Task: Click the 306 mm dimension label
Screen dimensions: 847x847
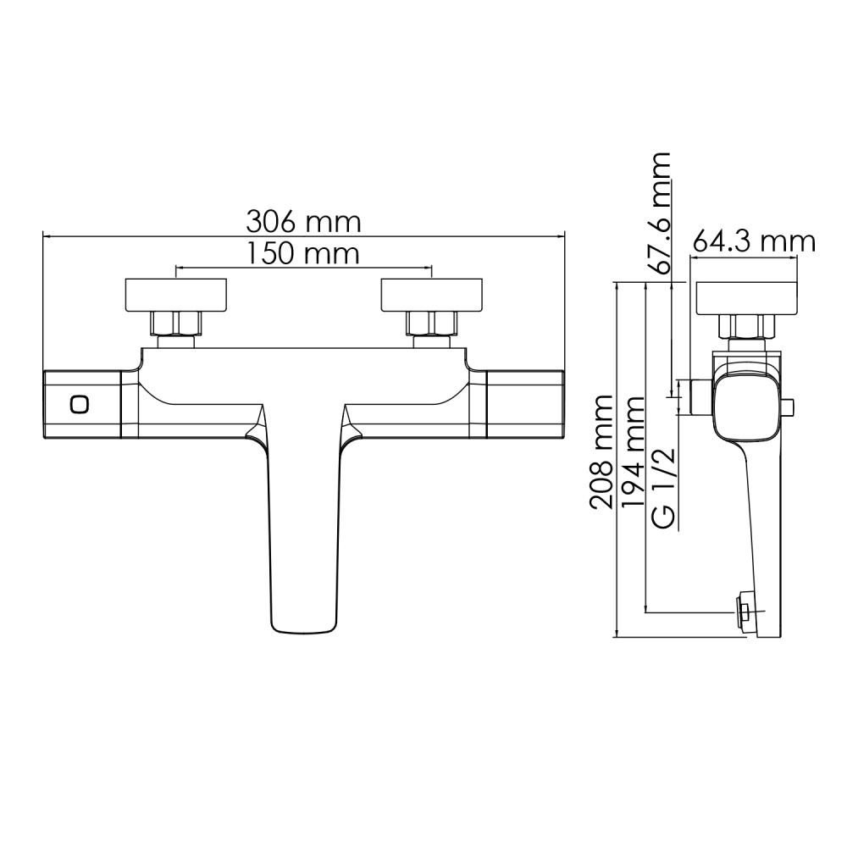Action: coord(303,222)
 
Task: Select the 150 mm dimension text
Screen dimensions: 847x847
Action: coord(303,253)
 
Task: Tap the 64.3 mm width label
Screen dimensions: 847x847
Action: coord(753,242)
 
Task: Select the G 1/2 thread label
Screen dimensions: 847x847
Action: coord(663,491)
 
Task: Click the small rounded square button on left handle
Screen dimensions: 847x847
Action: coord(80,405)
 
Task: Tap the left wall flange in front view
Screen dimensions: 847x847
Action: coord(175,295)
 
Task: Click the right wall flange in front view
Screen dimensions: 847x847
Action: coord(432,295)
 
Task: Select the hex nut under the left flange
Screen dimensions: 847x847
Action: coord(175,324)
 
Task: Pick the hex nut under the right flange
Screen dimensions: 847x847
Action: coord(432,324)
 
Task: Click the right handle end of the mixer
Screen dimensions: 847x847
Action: coord(525,405)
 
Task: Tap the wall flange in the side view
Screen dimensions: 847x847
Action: coord(745,296)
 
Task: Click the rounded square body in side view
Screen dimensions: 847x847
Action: coord(746,407)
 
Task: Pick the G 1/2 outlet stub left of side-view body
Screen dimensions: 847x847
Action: coord(700,396)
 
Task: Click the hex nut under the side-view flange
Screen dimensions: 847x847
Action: coord(746,326)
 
